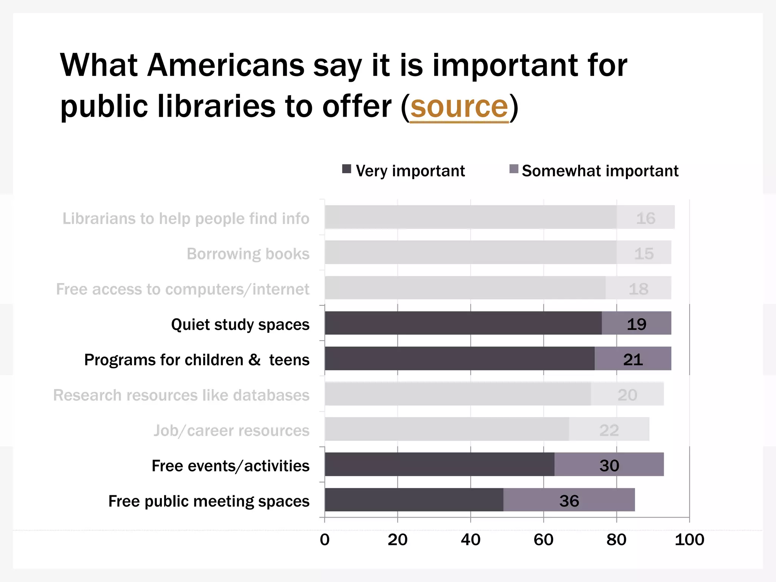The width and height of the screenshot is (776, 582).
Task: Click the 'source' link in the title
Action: pos(459,107)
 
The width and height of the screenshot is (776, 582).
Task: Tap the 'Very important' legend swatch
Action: pos(346,169)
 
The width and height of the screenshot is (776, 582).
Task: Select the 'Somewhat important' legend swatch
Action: pos(513,169)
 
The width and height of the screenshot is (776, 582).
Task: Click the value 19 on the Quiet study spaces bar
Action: pos(636,324)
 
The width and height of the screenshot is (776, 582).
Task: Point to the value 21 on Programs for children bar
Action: pos(633,360)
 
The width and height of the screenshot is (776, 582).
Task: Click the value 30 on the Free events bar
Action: pos(609,466)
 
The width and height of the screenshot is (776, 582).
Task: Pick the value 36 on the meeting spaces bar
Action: pos(569,501)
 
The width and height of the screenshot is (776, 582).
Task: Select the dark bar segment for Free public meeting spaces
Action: pos(414,500)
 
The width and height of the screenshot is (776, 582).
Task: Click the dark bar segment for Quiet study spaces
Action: pos(463,323)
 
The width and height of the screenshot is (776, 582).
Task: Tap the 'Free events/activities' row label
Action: pos(230,466)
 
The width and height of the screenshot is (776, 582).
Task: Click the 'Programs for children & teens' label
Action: pos(197,360)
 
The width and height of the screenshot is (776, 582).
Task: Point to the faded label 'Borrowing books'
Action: pos(248,254)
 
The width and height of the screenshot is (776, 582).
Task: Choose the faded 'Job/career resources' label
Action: pos(231,431)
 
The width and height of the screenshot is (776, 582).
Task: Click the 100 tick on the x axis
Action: pos(689,540)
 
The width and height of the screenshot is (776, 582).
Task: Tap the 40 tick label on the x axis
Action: pos(470,540)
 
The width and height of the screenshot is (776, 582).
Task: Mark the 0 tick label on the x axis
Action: pos(325,540)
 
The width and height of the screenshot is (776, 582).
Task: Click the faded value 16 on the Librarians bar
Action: pos(645,219)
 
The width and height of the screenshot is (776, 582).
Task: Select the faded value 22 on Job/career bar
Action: pos(609,430)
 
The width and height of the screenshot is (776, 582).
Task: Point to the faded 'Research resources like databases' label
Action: pos(181,395)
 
